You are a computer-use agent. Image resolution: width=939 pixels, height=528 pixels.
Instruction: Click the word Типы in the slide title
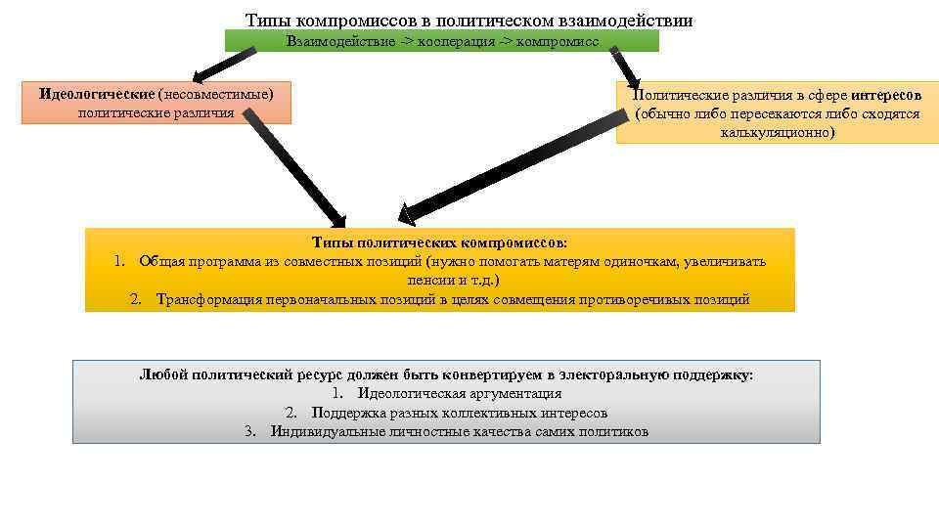[267, 20]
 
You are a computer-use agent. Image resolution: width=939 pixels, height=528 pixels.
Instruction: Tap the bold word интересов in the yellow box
[885, 95]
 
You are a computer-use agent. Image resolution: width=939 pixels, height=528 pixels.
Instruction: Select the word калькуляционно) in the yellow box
[778, 132]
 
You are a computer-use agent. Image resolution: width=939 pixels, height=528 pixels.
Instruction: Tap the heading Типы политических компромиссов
[439, 242]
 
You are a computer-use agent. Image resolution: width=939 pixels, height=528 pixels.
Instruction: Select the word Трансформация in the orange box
[207, 299]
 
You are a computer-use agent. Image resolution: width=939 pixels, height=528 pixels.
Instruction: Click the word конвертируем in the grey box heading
[490, 375]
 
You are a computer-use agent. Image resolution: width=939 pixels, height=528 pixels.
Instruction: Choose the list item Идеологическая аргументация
[459, 394]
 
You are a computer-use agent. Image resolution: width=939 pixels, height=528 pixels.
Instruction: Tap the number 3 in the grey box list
[250, 431]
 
